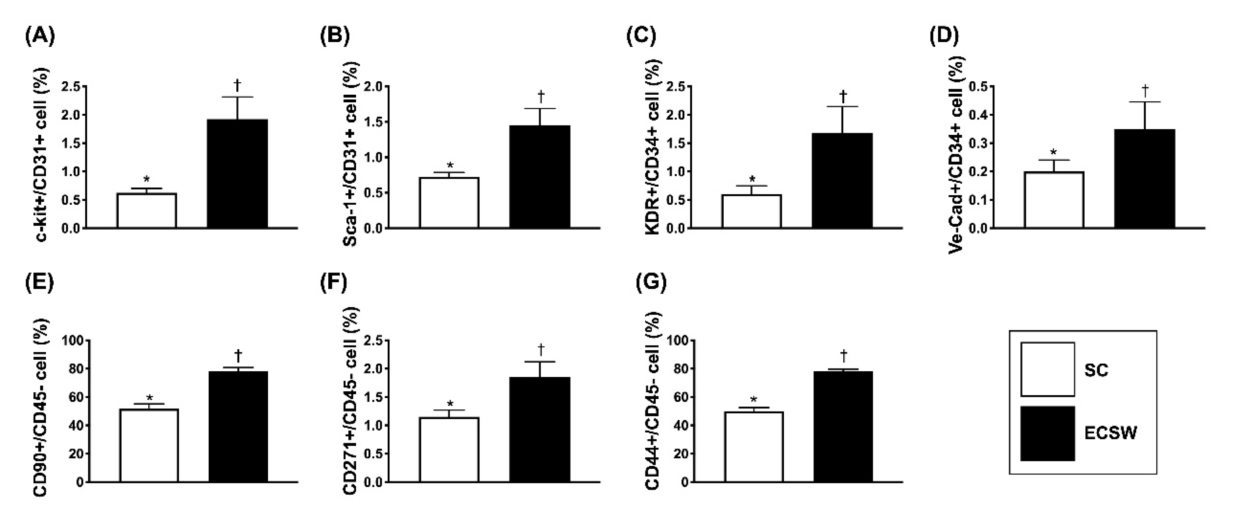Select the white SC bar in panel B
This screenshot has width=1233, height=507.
[x=449, y=203]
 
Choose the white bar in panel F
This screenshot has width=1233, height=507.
[x=449, y=449]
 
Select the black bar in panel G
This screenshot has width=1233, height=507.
[x=843, y=427]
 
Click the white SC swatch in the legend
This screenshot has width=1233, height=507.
[x=1047, y=369]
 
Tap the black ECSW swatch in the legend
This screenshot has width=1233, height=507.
[x=1047, y=433]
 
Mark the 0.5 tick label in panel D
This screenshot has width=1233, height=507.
[x=979, y=87]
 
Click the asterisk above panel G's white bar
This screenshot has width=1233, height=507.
[x=753, y=399]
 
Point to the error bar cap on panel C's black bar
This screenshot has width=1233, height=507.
[x=842, y=107]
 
